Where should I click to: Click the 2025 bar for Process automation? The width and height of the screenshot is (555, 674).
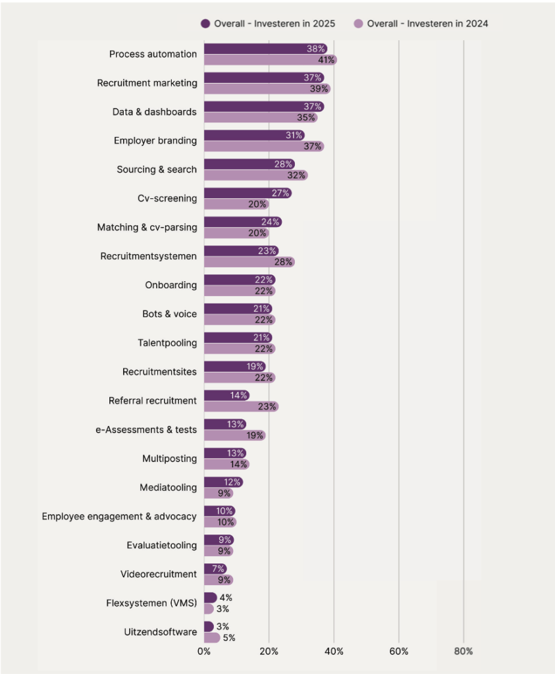tap(263, 49)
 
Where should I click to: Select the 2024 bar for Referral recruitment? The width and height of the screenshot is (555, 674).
tap(240, 407)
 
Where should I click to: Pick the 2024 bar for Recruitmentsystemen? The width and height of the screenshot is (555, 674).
tap(248, 262)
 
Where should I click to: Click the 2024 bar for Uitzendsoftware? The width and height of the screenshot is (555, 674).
tap(212, 638)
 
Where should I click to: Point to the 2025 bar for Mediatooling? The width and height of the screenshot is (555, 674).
tap(223, 482)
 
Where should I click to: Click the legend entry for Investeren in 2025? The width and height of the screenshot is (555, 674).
tap(268, 24)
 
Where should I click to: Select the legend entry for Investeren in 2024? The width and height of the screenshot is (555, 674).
tap(421, 24)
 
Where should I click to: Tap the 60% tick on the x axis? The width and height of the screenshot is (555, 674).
tap(398, 652)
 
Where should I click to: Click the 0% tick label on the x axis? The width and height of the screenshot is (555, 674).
tap(204, 652)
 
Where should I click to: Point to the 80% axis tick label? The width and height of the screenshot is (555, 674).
tap(463, 652)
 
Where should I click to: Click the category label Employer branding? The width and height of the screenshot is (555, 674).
tap(155, 141)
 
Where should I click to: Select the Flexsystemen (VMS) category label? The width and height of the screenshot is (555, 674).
tap(151, 603)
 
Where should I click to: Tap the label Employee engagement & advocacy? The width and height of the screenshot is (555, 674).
tap(119, 517)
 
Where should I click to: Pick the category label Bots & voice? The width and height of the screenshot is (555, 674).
tap(169, 314)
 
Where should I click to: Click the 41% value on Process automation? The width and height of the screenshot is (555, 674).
tap(327, 60)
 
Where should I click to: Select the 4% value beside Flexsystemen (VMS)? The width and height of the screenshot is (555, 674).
tap(226, 598)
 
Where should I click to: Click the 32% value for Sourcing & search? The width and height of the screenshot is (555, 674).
tap(297, 176)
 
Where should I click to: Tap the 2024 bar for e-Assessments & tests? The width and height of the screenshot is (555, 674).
tap(234, 436)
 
